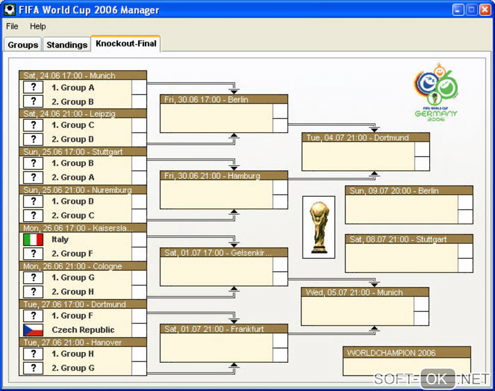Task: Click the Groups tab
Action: [x=23, y=45]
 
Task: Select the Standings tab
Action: [x=66, y=45]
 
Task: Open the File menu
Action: [x=12, y=26]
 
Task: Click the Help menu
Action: [x=38, y=26]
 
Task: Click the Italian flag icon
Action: [x=33, y=239]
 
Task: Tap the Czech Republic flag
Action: [x=33, y=330]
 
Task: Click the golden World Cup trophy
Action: [x=319, y=227]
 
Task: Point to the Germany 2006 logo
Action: [x=436, y=92]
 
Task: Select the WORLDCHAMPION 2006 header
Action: [x=407, y=353]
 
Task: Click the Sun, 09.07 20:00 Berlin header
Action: [x=409, y=191]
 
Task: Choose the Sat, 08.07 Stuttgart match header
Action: [x=409, y=239]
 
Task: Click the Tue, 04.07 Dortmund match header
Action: [x=365, y=138]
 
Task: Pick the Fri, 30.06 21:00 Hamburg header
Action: [x=224, y=176]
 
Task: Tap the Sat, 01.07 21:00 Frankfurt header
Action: [x=224, y=329]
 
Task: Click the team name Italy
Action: [x=60, y=239]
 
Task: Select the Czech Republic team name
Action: [x=83, y=330]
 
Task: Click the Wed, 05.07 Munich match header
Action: [x=364, y=292]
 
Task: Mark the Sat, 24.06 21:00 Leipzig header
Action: [x=82, y=114]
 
